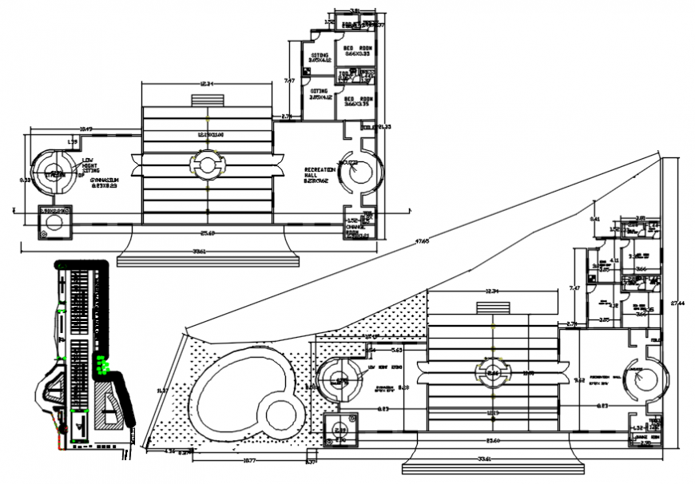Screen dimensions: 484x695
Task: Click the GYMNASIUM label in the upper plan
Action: coord(103,181)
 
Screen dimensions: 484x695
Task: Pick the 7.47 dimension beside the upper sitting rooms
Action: coord(290,80)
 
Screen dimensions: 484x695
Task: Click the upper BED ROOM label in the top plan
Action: coord(356,49)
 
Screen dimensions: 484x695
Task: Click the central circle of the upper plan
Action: coord(207,166)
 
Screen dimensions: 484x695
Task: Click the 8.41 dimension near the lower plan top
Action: coord(594,219)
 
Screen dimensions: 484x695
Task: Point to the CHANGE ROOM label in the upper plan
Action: coord(355,229)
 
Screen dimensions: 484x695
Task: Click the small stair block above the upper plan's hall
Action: coord(207,100)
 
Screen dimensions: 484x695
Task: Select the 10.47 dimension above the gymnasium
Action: coord(86,129)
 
